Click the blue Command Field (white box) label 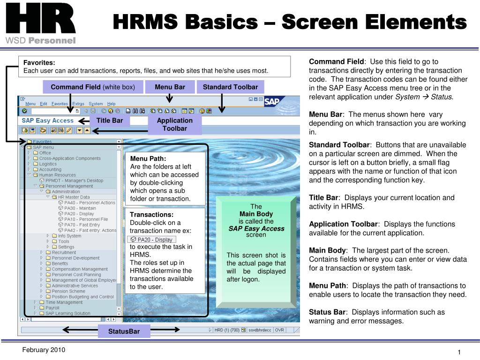pyautogui.click(x=93, y=87)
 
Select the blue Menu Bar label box pyautogui.click(x=170, y=87)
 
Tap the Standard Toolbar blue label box pyautogui.click(x=230, y=87)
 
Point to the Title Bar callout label pyautogui.click(x=109, y=120)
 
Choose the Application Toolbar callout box pyautogui.click(x=174, y=124)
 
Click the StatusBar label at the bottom pyautogui.click(x=125, y=332)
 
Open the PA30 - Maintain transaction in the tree pyautogui.click(x=80, y=208)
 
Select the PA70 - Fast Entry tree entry pyautogui.click(x=82, y=225)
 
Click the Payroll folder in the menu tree pyautogui.click(x=52, y=308)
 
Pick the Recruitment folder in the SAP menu pyautogui.click(x=64, y=253)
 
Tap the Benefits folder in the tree pyautogui.click(x=60, y=263)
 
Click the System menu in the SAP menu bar pyautogui.click(x=96, y=104)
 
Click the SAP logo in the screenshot pyautogui.click(x=273, y=102)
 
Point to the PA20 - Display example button pyautogui.click(x=152, y=240)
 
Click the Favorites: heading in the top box pyautogui.click(x=39, y=62)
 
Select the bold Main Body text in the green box pyautogui.click(x=256, y=214)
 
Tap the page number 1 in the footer pyautogui.click(x=459, y=352)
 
